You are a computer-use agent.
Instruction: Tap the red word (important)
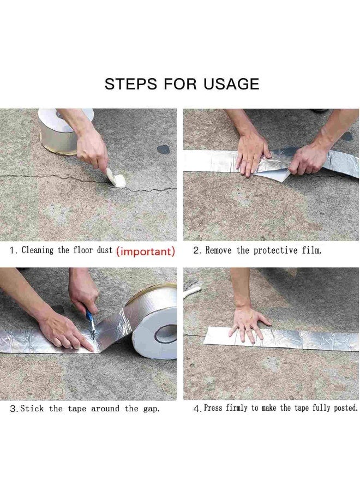coord(146,252)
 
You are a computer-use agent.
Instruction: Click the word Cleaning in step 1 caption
coord(38,251)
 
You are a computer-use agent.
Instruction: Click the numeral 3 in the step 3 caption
coord(13,409)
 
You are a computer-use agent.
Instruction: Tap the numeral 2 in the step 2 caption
coord(196,251)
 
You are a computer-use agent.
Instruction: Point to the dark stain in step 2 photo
coord(164,149)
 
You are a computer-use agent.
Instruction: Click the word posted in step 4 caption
coord(343,409)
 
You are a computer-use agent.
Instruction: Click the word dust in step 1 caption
coord(103,251)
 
